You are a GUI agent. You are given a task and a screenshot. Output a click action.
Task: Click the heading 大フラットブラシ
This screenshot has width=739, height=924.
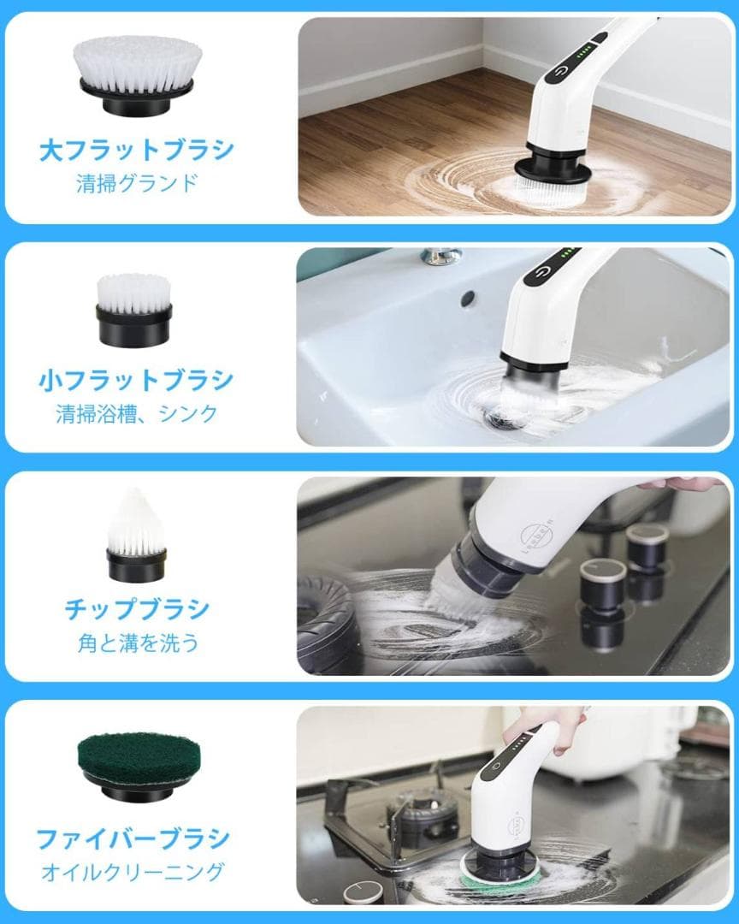click(x=137, y=151)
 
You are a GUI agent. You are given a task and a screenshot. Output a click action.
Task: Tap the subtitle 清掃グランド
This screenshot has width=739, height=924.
click(x=137, y=182)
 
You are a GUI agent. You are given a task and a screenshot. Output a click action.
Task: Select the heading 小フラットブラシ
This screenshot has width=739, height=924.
click(x=137, y=380)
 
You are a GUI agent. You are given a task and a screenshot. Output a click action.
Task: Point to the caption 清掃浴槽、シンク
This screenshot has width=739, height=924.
click(x=137, y=414)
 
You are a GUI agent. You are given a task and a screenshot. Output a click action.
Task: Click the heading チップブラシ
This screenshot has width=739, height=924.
click(x=137, y=609)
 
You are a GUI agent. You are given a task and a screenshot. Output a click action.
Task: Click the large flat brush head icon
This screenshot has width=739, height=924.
click(x=137, y=76)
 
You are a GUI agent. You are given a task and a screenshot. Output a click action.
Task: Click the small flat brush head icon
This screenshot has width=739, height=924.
click(x=134, y=309)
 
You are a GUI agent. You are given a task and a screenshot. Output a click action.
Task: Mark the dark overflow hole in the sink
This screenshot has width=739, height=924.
click(x=467, y=299)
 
